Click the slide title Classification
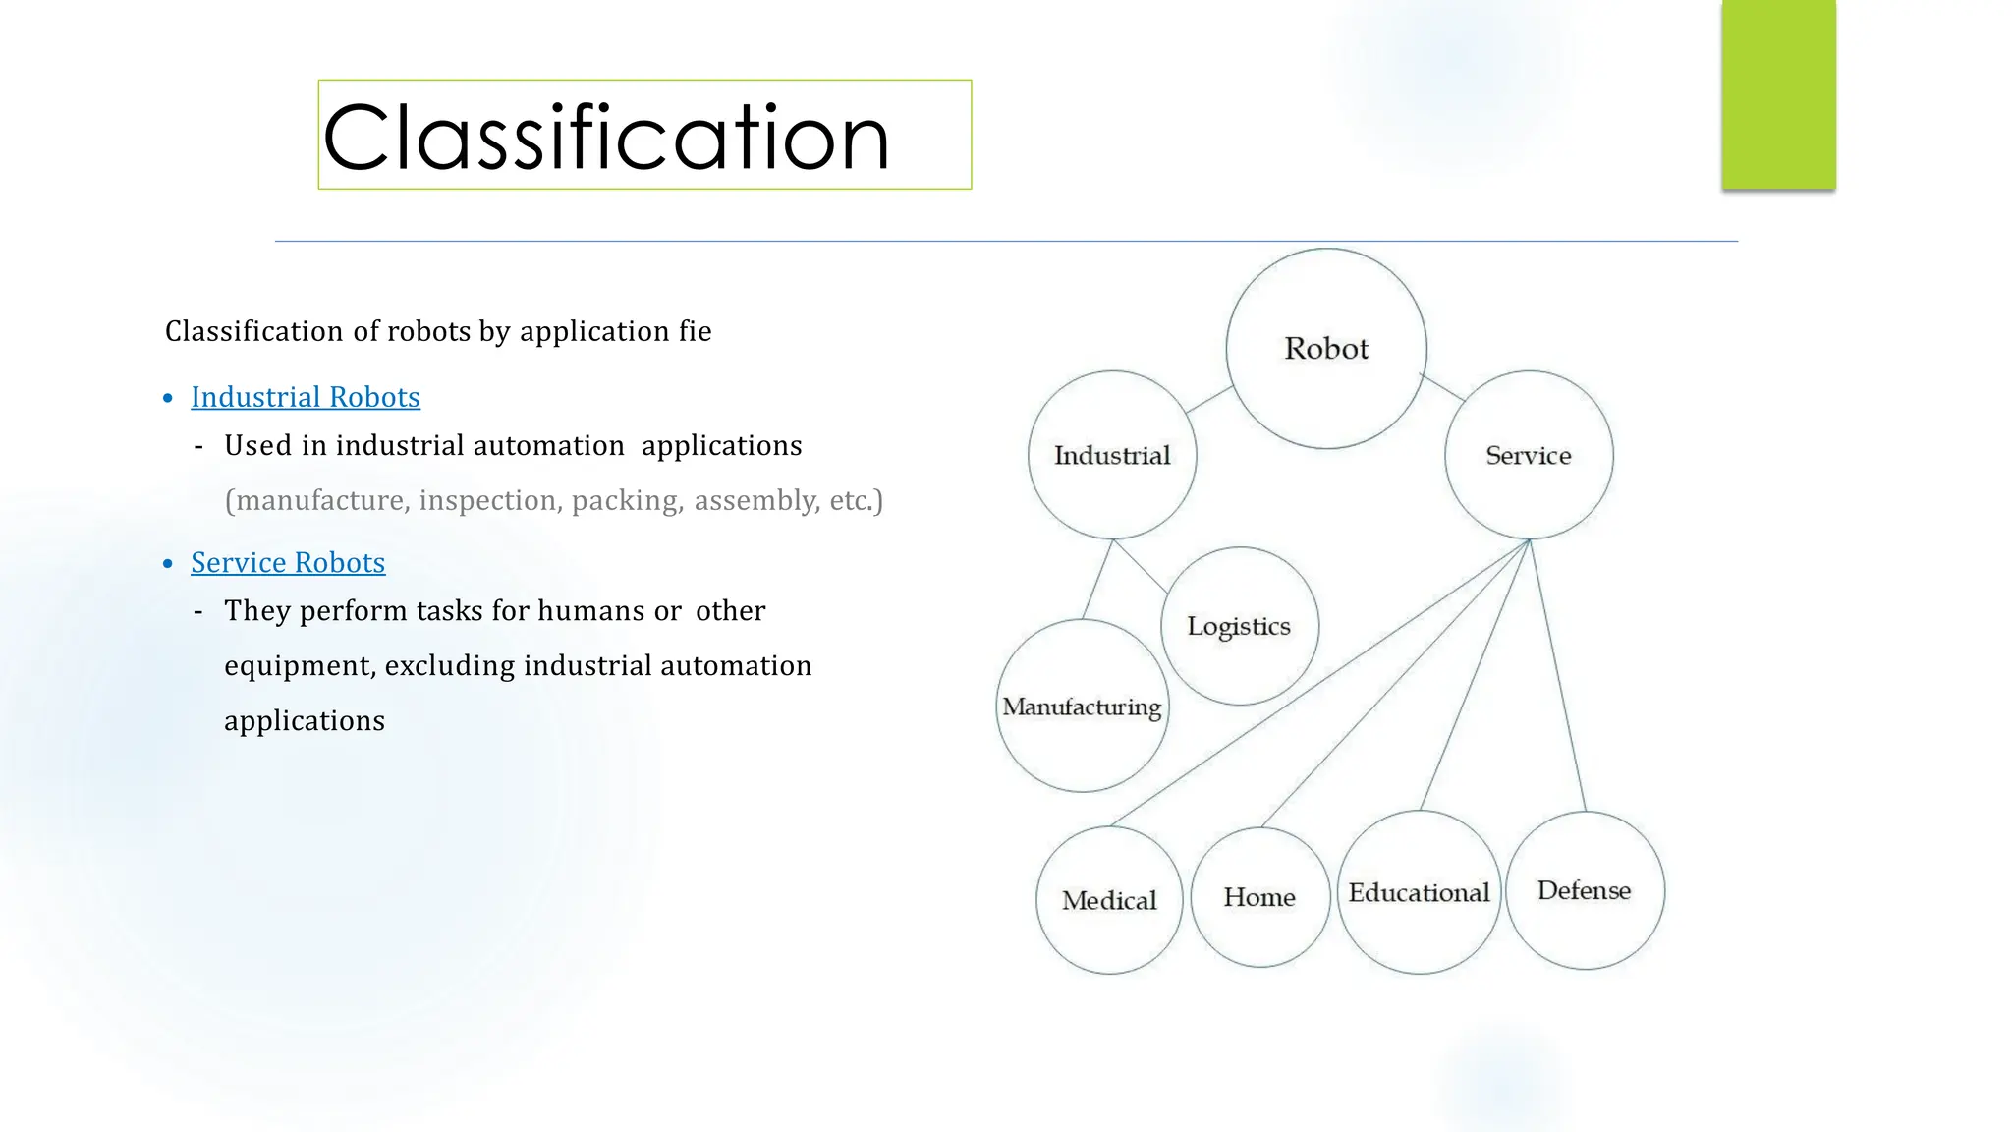[606, 137]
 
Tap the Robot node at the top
[1326, 349]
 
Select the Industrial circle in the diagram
[1112, 455]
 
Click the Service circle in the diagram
[1529, 455]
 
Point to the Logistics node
[1239, 626]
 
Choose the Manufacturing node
[1082, 707]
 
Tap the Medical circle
[1109, 900]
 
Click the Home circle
[1259, 897]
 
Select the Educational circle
[1419, 892]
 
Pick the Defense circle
[1584, 890]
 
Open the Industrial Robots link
[306, 397]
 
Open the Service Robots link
[288, 562]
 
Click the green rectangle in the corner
[1778, 94]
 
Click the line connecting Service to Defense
[1559, 678]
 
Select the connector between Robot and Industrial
[1209, 399]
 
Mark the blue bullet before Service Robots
[168, 564]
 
